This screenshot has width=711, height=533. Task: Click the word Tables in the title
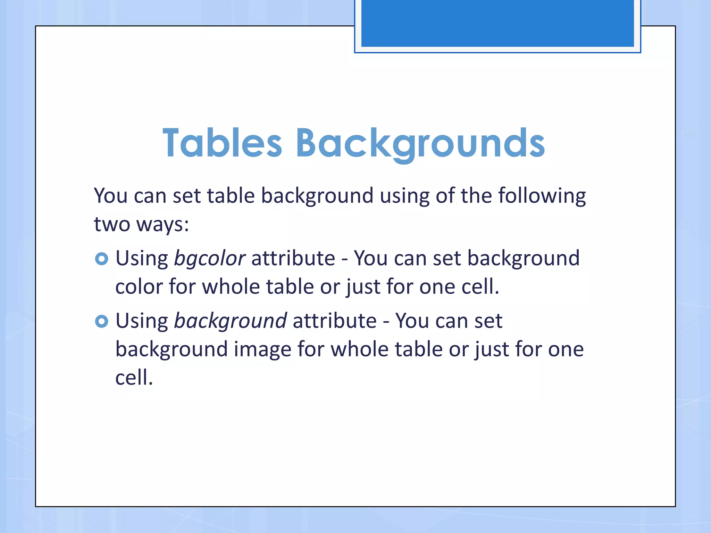[x=222, y=143]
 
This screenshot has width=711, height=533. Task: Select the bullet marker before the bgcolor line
[x=101, y=259]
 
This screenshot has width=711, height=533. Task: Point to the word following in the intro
[x=542, y=196]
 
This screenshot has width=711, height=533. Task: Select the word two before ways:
[x=112, y=225]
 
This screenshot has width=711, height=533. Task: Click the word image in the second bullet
[x=262, y=349]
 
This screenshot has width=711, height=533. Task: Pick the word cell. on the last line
[x=134, y=378]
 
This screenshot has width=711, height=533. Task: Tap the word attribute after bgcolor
[x=293, y=259]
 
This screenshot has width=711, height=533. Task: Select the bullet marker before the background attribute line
[x=101, y=321]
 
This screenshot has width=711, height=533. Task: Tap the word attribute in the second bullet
[x=334, y=321]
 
